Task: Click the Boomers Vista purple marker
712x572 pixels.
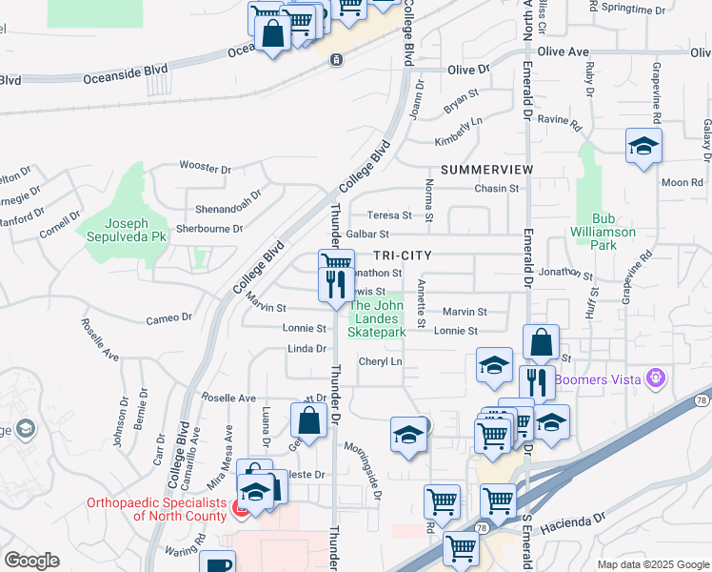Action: pyautogui.click(x=654, y=378)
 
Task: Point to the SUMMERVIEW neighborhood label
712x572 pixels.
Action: pyautogui.click(x=475, y=169)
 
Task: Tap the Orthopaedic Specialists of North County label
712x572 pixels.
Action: pyautogui.click(x=157, y=509)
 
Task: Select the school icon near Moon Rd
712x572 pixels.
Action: pyautogui.click(x=643, y=146)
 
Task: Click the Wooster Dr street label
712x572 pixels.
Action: pyautogui.click(x=206, y=169)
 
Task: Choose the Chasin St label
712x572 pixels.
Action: pyautogui.click(x=496, y=189)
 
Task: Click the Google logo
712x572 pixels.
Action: pyautogui.click(x=31, y=561)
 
